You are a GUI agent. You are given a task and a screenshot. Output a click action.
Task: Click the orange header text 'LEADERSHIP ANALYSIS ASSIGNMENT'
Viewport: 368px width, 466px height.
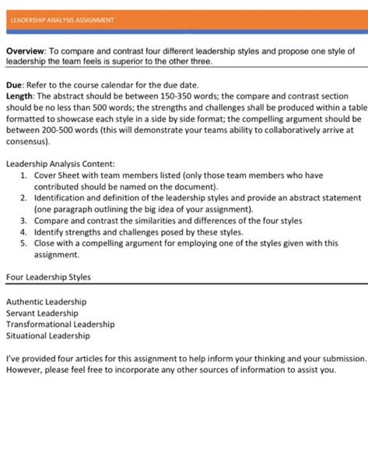click(x=62, y=19)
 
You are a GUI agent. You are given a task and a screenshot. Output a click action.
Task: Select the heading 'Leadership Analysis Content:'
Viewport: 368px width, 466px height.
click(x=61, y=164)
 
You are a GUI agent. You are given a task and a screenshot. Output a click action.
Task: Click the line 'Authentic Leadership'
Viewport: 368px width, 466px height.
click(x=47, y=301)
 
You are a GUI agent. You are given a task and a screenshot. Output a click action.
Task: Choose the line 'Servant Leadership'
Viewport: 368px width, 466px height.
click(x=43, y=313)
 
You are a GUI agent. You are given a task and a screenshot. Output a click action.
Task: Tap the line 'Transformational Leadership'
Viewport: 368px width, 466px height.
click(x=60, y=324)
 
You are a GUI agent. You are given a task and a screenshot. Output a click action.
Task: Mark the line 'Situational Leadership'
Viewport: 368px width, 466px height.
click(x=47, y=336)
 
